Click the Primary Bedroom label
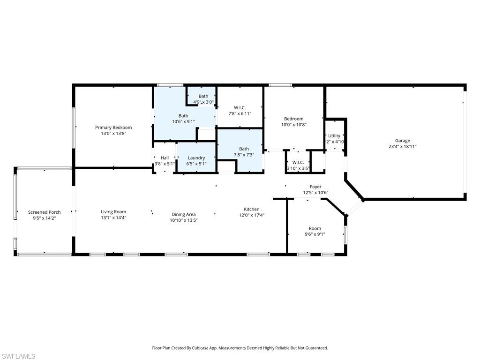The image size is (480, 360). tap(113, 127)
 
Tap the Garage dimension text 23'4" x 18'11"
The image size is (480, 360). tap(402, 146)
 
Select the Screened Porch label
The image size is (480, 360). tap(44, 212)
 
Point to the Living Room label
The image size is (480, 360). tap(113, 212)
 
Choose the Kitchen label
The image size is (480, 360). tap(251, 210)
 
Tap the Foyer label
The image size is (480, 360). tap(315, 187)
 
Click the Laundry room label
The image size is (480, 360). tap(196, 158)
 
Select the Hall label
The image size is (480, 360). tap(165, 158)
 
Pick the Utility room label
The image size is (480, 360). tap(334, 136)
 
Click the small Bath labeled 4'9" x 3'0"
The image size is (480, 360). tap(203, 96)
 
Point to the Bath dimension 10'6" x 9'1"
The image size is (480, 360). tap(183, 121)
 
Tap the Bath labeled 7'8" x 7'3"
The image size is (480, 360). tap(244, 149)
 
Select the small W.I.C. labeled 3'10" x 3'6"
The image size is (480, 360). tap(298, 163)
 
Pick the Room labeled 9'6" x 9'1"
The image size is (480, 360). tap(315, 229)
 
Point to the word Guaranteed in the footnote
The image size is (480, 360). tap(315, 348)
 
